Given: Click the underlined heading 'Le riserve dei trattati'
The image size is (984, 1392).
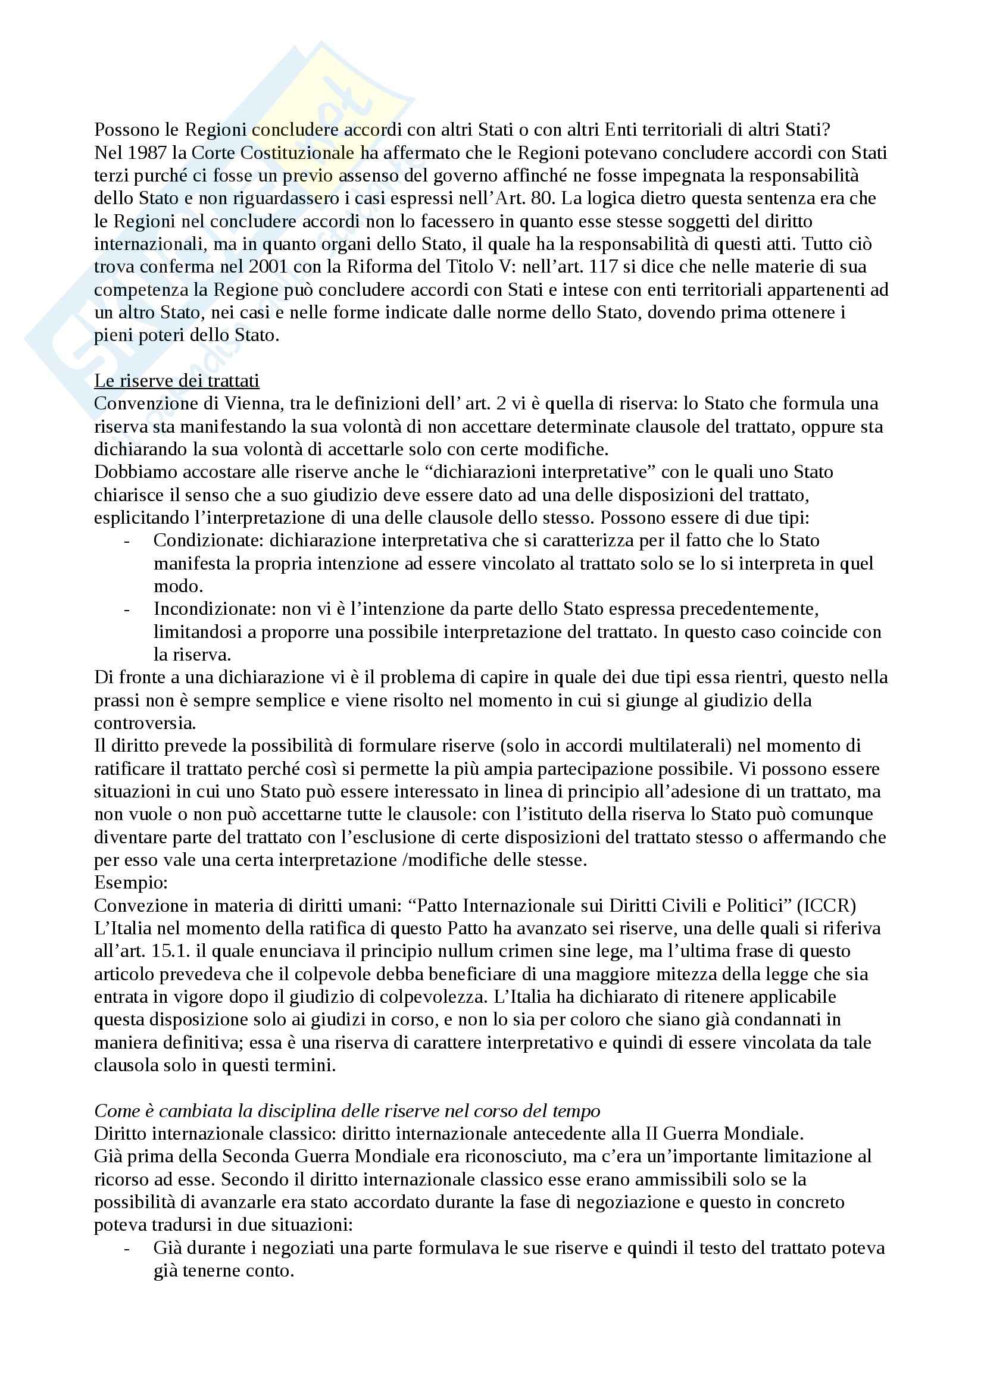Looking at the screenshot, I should tap(176, 381).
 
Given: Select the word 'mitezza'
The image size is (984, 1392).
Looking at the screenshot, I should tap(664, 974).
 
